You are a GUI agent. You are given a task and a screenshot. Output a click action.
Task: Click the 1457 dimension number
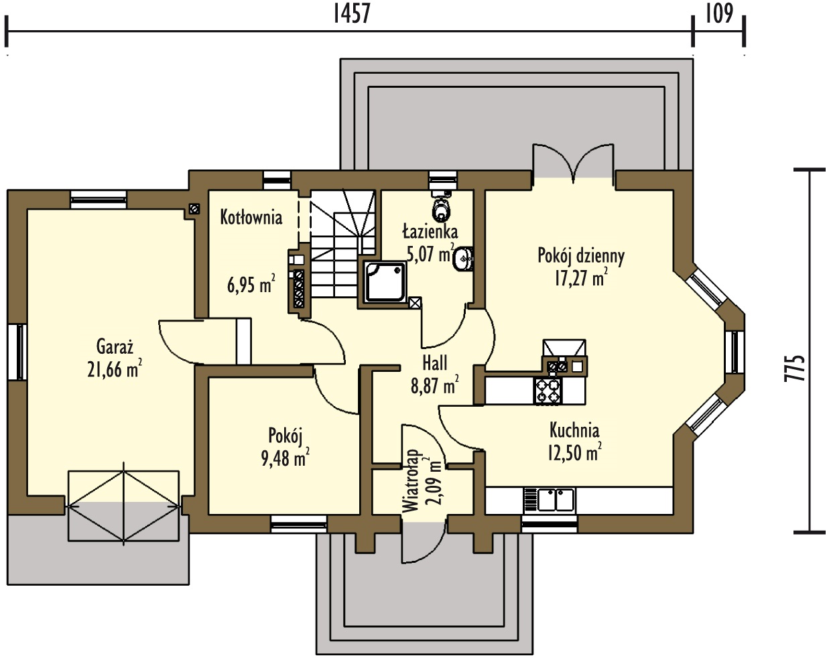click(351, 15)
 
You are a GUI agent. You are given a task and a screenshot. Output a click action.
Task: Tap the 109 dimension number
click(719, 15)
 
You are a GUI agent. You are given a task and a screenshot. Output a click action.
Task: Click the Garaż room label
click(115, 346)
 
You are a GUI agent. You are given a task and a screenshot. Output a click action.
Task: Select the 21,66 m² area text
click(115, 369)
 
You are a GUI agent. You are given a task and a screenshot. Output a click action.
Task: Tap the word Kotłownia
click(251, 218)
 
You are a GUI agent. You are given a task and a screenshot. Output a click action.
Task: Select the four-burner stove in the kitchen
click(548, 391)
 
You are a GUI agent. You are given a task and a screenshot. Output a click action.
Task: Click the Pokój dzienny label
click(581, 257)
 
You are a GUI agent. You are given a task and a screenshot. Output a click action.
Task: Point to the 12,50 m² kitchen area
click(575, 453)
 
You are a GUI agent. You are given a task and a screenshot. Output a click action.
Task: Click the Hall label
click(435, 363)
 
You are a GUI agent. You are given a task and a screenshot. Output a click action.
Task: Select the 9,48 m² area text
click(285, 458)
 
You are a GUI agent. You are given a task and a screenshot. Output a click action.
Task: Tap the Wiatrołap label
click(411, 481)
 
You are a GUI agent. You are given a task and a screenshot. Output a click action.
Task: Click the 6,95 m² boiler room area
click(251, 285)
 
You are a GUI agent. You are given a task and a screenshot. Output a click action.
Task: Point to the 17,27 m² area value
click(581, 277)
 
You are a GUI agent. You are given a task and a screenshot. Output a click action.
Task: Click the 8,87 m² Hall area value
click(435, 385)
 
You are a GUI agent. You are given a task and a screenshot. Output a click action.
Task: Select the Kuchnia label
click(574, 430)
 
